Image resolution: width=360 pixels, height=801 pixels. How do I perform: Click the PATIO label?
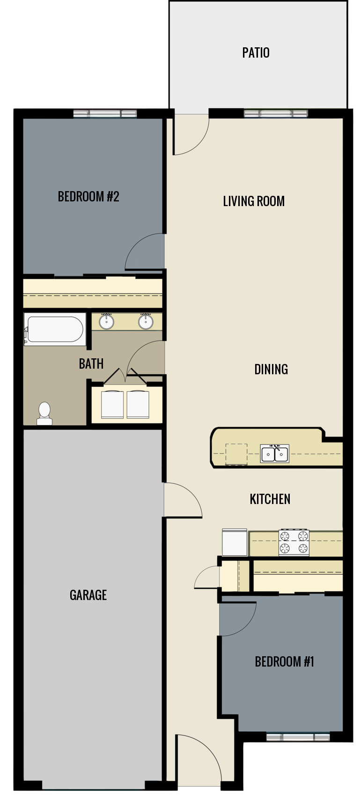pos(256,52)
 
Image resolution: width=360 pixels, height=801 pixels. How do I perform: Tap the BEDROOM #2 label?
pos(88,196)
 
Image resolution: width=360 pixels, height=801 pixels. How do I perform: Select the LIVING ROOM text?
pos(254,201)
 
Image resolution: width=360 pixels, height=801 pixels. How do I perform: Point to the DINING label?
pos(271,369)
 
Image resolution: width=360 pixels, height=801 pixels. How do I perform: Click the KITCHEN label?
pos(270,499)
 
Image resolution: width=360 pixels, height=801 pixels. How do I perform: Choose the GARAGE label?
pos(88,595)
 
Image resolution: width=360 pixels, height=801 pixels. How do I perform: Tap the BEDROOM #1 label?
pos(284,661)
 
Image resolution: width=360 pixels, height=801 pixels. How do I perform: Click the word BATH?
pos(91,363)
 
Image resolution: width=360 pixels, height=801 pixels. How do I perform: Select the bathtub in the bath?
pos(55,329)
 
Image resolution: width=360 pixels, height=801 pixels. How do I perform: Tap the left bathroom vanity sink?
pos(107,321)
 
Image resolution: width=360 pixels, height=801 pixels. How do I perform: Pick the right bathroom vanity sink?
pos(146,321)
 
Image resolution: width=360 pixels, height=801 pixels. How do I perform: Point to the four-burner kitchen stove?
pos(294,542)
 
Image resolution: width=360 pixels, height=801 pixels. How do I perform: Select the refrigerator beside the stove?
pos(235,542)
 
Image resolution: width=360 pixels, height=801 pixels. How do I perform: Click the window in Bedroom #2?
pos(105,113)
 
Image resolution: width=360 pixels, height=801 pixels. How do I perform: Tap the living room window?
pos(276,113)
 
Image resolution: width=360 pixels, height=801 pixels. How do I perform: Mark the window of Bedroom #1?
pos(298,737)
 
